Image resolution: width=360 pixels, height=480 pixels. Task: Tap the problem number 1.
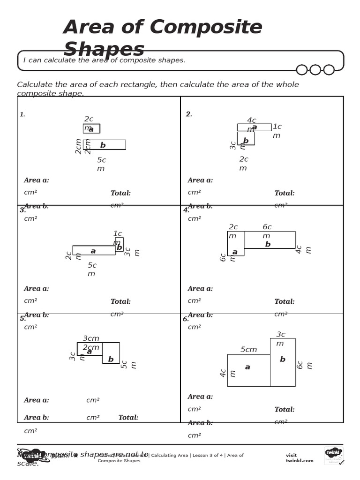[22, 114]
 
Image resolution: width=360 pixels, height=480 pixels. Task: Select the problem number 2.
[189, 114]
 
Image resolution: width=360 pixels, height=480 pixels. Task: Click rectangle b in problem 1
[105, 145]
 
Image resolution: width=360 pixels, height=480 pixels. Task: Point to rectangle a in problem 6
[248, 370]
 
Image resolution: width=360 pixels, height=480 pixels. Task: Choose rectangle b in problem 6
[283, 362]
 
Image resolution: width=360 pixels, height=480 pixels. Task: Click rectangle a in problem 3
[94, 250]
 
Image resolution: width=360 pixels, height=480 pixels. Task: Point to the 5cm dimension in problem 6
[248, 350]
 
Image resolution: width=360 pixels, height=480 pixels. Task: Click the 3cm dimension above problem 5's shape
[91, 338]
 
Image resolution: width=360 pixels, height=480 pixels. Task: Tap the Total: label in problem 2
[285, 193]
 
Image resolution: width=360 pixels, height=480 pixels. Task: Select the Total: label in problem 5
[128, 418]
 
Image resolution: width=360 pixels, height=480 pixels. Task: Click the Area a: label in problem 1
[37, 180]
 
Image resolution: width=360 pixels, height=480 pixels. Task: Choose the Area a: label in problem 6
[200, 397]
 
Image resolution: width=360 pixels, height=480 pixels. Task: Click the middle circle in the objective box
[315, 70]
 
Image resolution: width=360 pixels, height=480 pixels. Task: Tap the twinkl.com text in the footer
[300, 461]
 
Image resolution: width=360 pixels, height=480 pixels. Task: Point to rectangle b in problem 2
[246, 139]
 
